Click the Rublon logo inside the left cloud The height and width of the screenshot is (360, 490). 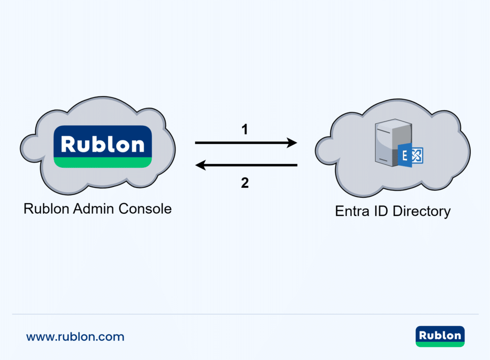tap(102, 146)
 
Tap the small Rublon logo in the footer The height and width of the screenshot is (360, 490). tap(440, 336)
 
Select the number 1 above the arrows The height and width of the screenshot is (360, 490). tap(245, 129)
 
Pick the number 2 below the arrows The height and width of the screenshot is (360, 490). tap(245, 183)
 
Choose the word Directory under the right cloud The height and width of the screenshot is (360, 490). tap(421, 211)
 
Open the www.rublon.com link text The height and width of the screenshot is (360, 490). tap(75, 337)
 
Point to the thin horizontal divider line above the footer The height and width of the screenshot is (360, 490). tap(245, 314)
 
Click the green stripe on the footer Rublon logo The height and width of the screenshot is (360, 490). tap(440, 344)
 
